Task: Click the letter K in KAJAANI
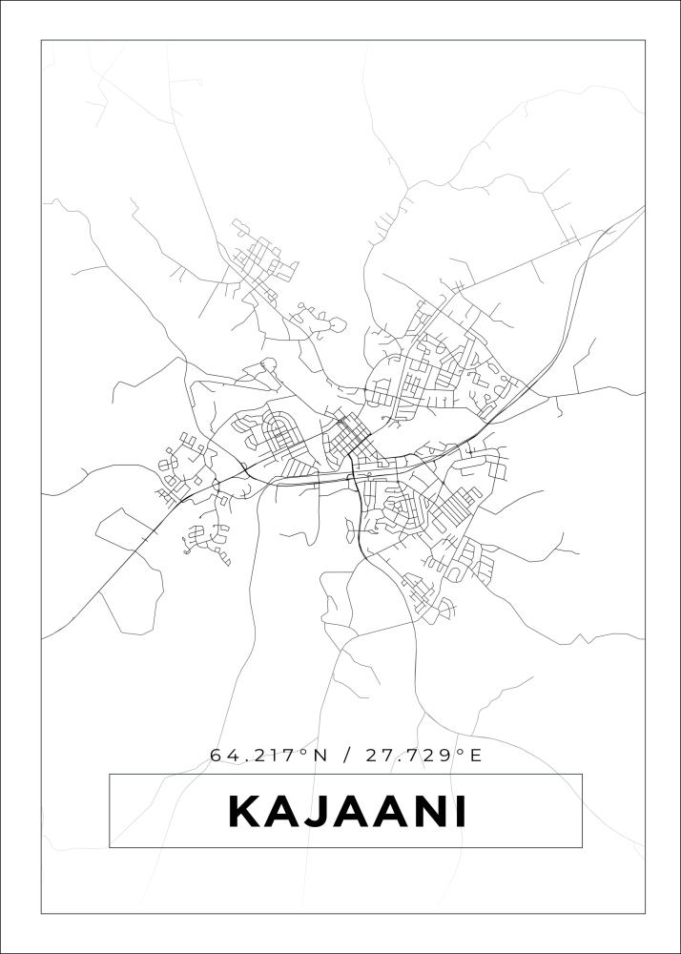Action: (x=245, y=812)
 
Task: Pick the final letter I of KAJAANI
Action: (x=461, y=812)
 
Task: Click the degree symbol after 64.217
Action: (x=303, y=752)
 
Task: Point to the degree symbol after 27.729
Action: (x=459, y=752)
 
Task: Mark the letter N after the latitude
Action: (x=319, y=756)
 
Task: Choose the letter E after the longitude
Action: (x=474, y=756)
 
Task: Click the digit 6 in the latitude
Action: (x=217, y=756)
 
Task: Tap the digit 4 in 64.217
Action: (x=232, y=756)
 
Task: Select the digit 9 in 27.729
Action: (x=445, y=756)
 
